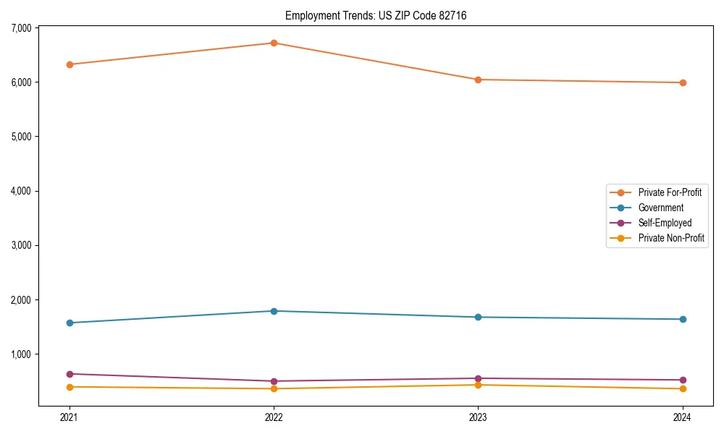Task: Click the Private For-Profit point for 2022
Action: [274, 43]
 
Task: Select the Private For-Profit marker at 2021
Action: [70, 64]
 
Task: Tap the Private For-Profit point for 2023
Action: [478, 80]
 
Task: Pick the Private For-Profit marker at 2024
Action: [682, 82]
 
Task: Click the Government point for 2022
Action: [274, 311]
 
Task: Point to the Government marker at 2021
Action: [70, 323]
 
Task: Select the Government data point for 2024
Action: [682, 319]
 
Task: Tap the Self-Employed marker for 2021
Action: [70, 374]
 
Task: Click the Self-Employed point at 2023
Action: [478, 378]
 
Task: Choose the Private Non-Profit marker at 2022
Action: [274, 388]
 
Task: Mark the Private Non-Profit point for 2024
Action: [682, 388]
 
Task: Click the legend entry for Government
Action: [660, 208]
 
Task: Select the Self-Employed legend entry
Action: [665, 223]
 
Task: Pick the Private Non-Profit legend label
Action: [671, 238]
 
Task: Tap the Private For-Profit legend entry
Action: [670, 192]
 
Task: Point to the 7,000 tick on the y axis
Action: [21, 27]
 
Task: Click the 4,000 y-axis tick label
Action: [21, 191]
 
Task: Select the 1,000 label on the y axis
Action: [21, 354]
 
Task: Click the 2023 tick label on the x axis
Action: [478, 417]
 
